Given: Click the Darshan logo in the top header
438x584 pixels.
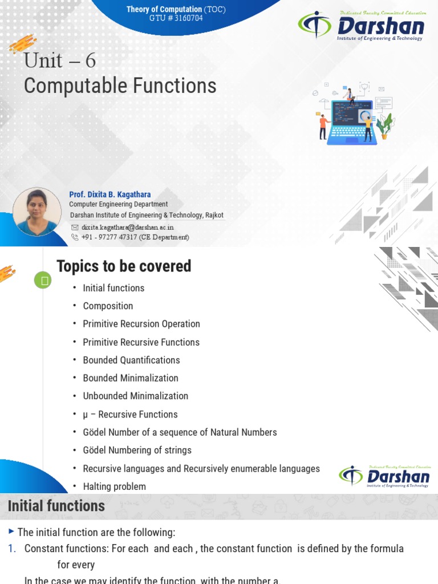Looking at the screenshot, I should pos(360,26).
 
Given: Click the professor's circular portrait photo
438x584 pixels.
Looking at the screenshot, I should pos(36,212).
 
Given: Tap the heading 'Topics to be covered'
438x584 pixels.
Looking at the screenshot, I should pos(124,266).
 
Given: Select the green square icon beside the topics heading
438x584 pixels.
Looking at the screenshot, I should pos(43,280).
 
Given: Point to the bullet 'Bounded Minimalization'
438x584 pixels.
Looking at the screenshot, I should pos(131,378).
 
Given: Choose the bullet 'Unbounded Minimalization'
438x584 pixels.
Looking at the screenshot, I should pos(135,396).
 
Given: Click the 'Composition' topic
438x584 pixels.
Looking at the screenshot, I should pos(108,306).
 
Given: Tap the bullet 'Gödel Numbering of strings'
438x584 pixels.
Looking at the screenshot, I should pos(137,450).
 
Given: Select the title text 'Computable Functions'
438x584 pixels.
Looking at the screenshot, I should pos(120,86).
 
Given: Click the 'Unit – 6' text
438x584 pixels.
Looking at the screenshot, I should pos(59,60).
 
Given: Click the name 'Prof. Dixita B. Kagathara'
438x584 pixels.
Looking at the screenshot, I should pos(110,194).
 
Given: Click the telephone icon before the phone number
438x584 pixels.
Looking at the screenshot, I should pos(75,237).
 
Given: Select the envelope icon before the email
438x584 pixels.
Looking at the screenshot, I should pos(75,227).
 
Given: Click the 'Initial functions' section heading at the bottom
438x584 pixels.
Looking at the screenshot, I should pos(56,506).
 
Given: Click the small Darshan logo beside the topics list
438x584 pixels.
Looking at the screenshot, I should pos(384,477).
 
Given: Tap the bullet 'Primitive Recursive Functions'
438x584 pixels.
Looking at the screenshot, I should pos(141,342).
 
